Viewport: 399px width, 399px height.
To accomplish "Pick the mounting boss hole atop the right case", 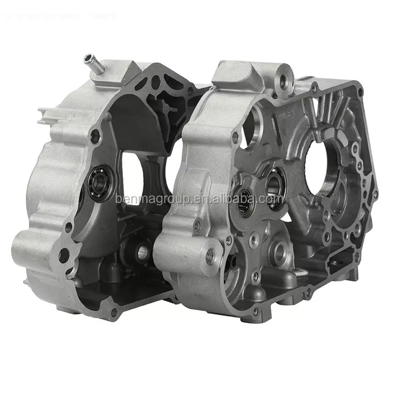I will point(284,81).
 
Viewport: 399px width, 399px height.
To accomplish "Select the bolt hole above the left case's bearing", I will point(96,136).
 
